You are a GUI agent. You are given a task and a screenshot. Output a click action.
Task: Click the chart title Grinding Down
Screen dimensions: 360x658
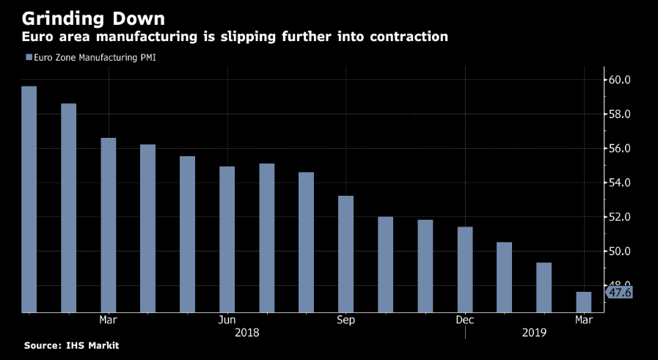(92, 16)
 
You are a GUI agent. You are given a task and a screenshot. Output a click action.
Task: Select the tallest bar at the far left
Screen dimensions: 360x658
(29, 199)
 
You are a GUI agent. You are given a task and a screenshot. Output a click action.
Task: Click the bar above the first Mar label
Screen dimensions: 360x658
(108, 224)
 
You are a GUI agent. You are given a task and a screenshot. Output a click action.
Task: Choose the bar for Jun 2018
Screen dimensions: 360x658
(227, 239)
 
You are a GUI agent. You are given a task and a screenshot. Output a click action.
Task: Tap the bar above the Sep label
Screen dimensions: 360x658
(346, 254)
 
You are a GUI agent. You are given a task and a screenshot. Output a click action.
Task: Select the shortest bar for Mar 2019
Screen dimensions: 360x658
(583, 301)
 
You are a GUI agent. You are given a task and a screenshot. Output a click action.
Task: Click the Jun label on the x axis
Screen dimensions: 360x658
(227, 320)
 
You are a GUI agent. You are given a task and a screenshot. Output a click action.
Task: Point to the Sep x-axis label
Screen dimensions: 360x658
(346, 320)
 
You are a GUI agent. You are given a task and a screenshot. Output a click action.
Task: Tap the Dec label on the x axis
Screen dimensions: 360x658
(464, 320)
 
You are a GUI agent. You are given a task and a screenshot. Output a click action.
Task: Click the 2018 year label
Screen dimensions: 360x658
(246, 333)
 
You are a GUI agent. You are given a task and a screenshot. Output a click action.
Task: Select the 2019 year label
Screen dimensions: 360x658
(534, 333)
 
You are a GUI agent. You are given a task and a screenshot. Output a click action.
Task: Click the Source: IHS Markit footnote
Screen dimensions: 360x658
(71, 345)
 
